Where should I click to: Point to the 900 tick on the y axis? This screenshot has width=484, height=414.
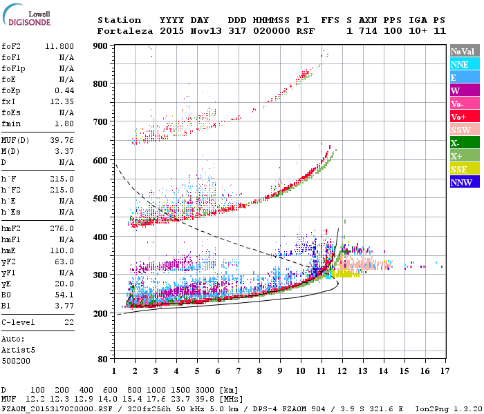pos(102,46)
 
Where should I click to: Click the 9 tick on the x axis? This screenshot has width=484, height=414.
pos(280,371)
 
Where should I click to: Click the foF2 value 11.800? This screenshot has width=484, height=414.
pos(59,47)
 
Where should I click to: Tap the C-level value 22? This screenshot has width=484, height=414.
pos(68,322)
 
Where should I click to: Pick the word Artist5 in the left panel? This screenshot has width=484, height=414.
pos(17,350)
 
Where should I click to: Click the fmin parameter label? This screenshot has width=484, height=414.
pos(11,124)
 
